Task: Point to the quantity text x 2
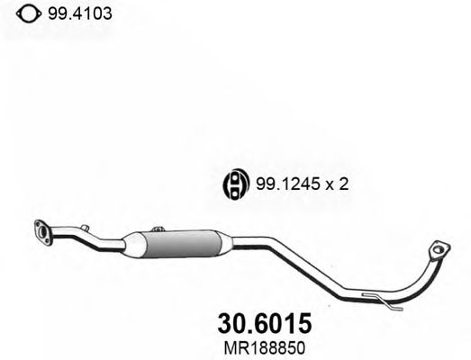334,184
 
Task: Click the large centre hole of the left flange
41,231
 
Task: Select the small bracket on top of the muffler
159,231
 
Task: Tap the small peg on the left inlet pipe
83,229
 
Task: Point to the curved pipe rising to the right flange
423,278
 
